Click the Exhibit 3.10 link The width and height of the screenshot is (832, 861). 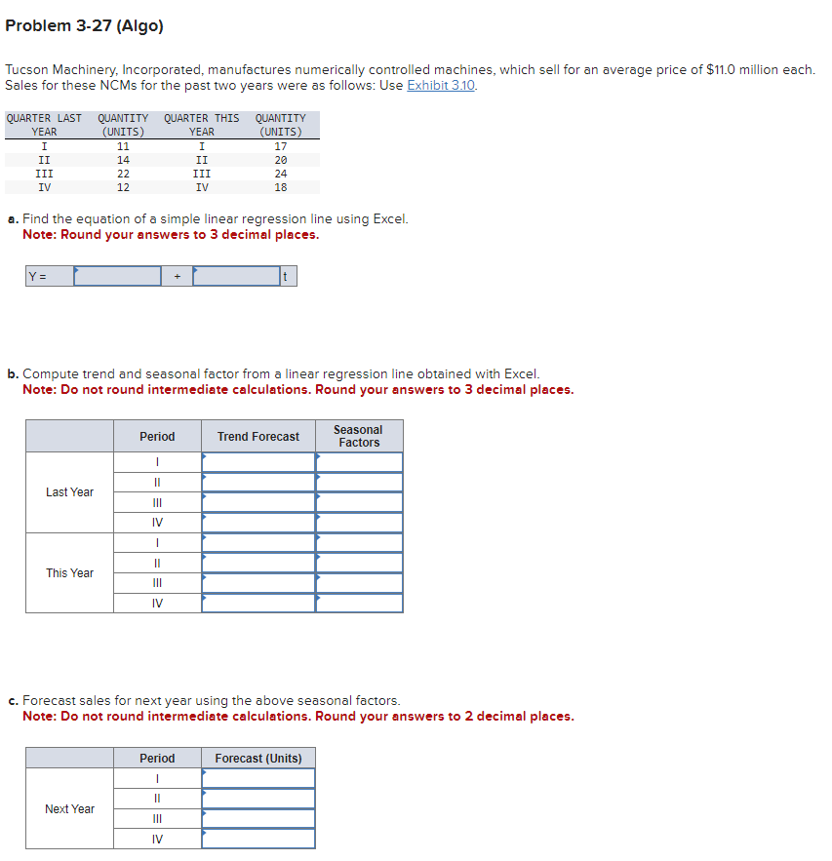441,86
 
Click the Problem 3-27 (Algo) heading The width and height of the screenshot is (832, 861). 84,25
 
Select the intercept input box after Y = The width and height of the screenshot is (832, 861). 117,276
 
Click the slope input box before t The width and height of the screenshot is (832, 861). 236,276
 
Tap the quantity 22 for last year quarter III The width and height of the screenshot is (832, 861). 123,174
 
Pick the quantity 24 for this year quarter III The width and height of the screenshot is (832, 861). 281,174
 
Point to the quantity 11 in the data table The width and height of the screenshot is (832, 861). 123,146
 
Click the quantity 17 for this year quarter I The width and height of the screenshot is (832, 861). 281,146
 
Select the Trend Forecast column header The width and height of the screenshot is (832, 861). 258,437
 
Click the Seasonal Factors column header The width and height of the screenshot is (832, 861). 359,436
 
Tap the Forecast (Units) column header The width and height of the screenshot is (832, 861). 258,759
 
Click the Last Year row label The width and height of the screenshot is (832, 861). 70,492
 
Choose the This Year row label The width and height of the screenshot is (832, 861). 70,572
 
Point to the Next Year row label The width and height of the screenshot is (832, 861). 70,809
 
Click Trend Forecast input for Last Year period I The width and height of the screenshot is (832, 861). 258,462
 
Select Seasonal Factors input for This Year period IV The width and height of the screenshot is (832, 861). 359,604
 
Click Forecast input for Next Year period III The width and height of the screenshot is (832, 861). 258,819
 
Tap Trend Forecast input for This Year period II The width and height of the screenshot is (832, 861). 258,563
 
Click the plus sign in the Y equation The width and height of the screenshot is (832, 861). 177,276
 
